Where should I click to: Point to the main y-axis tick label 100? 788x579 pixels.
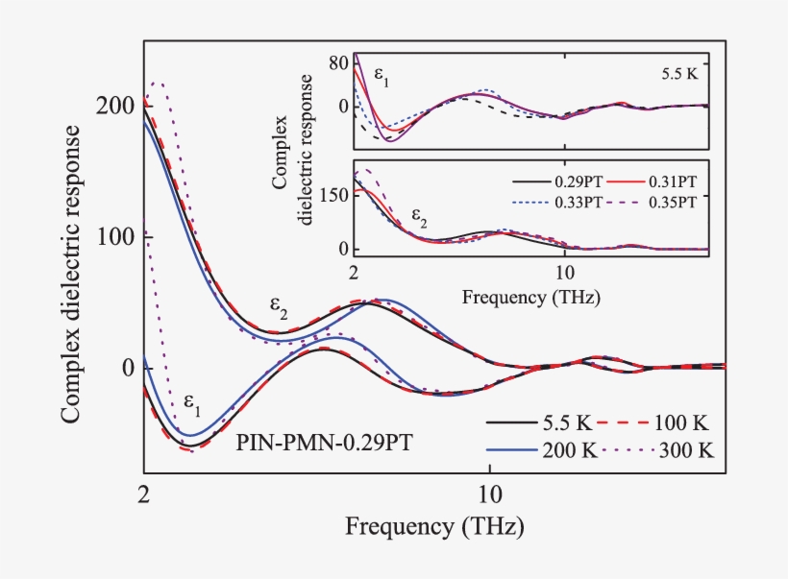(116, 237)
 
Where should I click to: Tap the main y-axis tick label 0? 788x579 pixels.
(129, 369)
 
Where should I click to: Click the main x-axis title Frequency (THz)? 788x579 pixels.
(435, 527)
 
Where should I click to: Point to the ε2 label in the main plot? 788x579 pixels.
(280, 307)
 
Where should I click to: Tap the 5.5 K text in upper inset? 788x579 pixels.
(679, 73)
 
